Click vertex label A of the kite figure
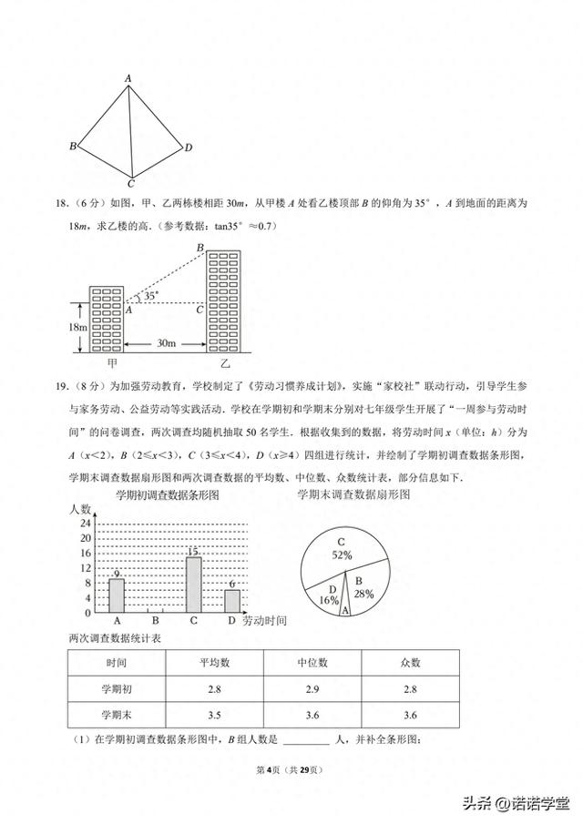129,79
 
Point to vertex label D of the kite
188,148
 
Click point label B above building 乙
199,248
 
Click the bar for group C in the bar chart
193,585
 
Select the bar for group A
117,595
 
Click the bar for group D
232,601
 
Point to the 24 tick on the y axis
85,524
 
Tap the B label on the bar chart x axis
156,621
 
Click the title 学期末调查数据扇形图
353,494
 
